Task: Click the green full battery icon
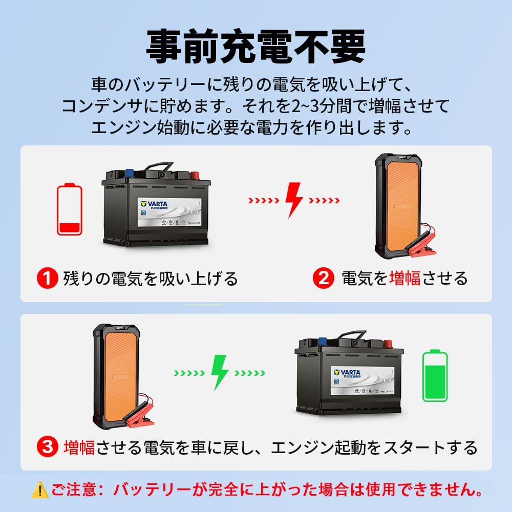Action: (x=435, y=375)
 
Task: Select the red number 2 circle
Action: (x=323, y=279)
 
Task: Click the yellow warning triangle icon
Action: (x=39, y=490)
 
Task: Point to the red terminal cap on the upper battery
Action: (x=195, y=175)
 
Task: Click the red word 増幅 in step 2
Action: (x=405, y=279)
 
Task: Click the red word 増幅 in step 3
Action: (x=80, y=448)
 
